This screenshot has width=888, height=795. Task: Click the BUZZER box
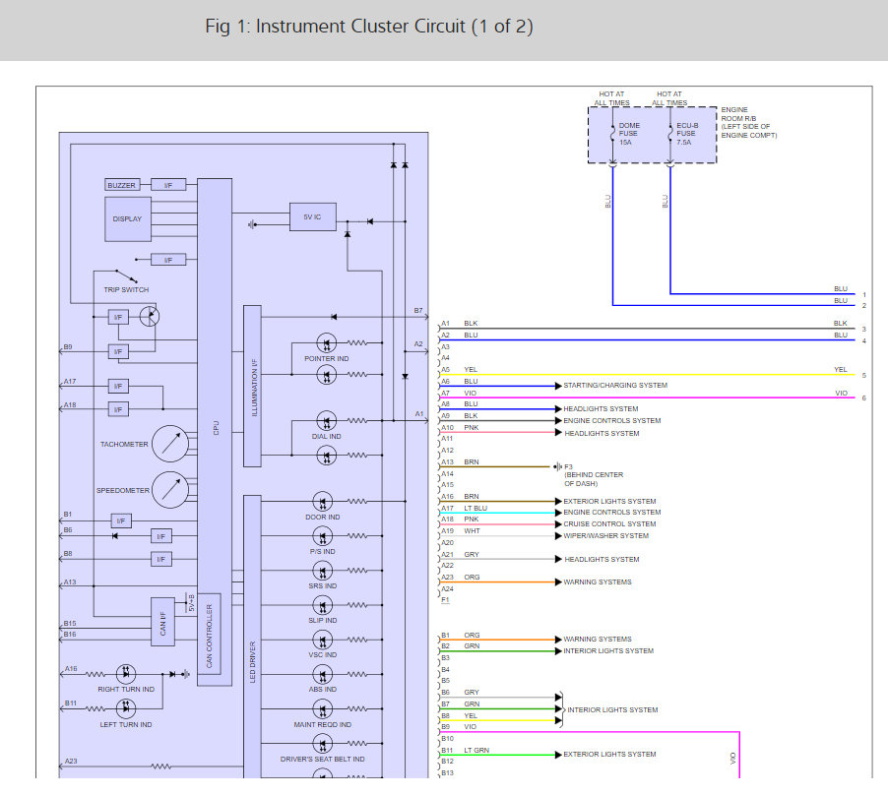click(x=122, y=185)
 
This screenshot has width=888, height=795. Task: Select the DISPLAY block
click(x=128, y=219)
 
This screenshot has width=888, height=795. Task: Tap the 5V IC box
click(x=313, y=216)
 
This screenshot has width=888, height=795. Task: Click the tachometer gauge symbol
click(x=170, y=444)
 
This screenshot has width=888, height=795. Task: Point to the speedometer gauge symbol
click(x=170, y=489)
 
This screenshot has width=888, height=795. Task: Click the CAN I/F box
click(x=162, y=622)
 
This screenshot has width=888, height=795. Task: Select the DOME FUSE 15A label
click(x=629, y=134)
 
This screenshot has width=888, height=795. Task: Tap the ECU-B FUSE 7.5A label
click(x=687, y=134)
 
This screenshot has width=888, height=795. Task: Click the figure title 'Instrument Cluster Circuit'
click(x=360, y=26)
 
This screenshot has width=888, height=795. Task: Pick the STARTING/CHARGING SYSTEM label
click(x=615, y=386)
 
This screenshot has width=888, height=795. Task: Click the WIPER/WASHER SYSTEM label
click(x=606, y=536)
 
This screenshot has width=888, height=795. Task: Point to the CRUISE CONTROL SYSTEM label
click(x=609, y=524)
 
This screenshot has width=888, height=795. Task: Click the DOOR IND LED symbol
click(x=323, y=502)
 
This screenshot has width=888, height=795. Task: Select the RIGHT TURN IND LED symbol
click(x=126, y=674)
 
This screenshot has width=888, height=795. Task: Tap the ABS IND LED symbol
click(x=323, y=675)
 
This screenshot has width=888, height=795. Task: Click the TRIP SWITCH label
click(x=126, y=289)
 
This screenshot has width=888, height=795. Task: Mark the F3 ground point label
click(x=569, y=466)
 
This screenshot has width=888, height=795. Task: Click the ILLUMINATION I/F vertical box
click(x=252, y=386)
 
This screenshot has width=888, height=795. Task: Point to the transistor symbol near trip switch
click(x=150, y=316)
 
